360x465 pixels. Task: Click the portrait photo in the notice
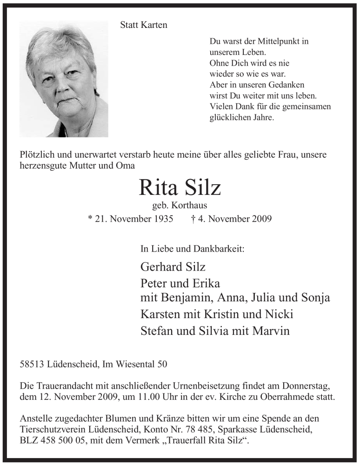tap(64, 79)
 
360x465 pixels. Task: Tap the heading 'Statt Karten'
tap(144, 25)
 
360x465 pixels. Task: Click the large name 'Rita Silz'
tap(180, 187)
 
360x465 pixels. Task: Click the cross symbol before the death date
tap(193, 218)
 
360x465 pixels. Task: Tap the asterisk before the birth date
tap(90, 218)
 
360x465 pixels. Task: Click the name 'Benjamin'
tap(183, 298)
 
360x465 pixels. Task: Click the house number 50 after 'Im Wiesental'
tap(162, 365)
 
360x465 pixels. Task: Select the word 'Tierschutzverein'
tap(50, 428)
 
